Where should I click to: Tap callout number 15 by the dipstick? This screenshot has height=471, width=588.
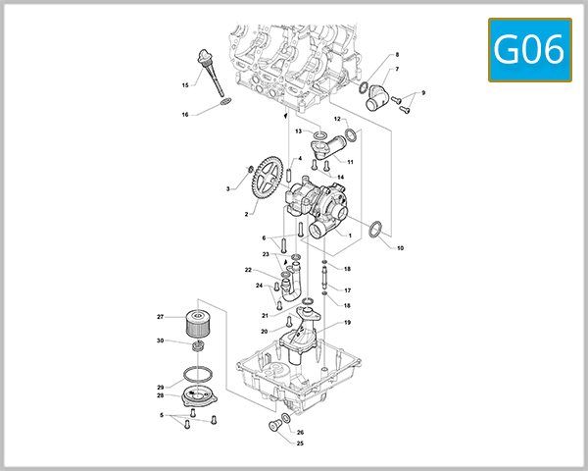tap(185, 85)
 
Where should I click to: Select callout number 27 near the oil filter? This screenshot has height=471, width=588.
tap(161, 317)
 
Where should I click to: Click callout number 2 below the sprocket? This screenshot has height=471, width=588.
tap(247, 213)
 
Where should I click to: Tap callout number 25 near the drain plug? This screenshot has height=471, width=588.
tap(300, 444)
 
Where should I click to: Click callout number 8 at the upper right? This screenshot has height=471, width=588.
tap(397, 55)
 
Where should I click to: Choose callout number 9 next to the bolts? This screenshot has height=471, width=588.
tap(423, 92)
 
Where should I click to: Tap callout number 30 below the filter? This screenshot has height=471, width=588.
tap(161, 341)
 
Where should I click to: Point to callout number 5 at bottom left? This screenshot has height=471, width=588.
tap(161, 415)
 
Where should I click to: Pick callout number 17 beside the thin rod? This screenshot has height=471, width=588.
tap(347, 290)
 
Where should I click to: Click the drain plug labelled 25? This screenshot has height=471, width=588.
tap(273, 426)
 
